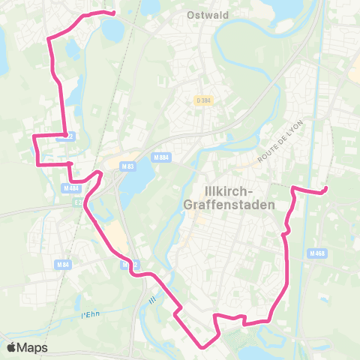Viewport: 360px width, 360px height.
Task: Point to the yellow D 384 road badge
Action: (x=202, y=100)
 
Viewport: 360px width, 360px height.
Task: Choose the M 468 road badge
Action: (x=316, y=253)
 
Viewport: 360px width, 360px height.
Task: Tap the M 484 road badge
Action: (x=71, y=187)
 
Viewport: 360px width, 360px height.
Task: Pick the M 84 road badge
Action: (x=62, y=265)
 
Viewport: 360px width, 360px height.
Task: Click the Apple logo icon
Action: (x=11, y=347)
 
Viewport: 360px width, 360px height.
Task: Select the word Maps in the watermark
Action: (x=33, y=347)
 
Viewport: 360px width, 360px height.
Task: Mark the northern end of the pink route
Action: (x=113, y=13)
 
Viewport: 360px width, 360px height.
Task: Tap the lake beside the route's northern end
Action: (x=112, y=30)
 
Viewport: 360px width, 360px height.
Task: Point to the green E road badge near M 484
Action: (x=78, y=202)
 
